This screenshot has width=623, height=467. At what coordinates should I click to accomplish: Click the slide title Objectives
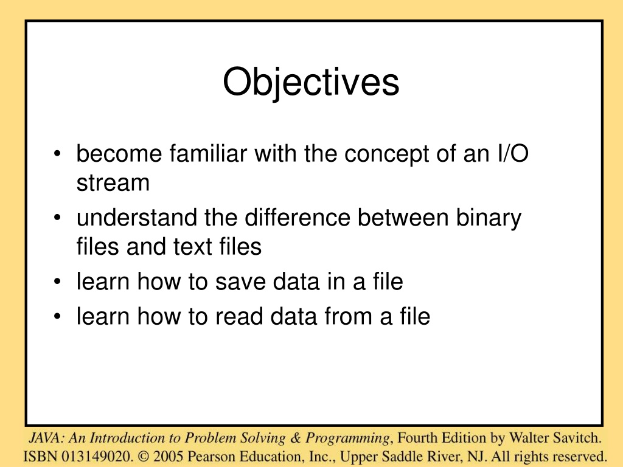click(311, 82)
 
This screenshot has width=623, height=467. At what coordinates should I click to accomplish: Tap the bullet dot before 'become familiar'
click(58, 154)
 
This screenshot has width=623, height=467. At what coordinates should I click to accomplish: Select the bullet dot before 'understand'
click(58, 218)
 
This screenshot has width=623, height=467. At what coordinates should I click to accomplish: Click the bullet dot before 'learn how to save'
click(58, 282)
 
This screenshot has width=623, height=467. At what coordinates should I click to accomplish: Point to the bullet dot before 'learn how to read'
click(58, 316)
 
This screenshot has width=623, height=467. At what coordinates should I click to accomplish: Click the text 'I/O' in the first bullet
click(513, 153)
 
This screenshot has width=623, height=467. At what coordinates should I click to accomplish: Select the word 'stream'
click(113, 183)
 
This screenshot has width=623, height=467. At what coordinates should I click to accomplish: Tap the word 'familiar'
click(208, 153)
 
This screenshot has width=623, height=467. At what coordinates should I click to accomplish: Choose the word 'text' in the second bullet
click(192, 247)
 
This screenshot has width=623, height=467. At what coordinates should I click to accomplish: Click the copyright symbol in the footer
click(143, 456)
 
